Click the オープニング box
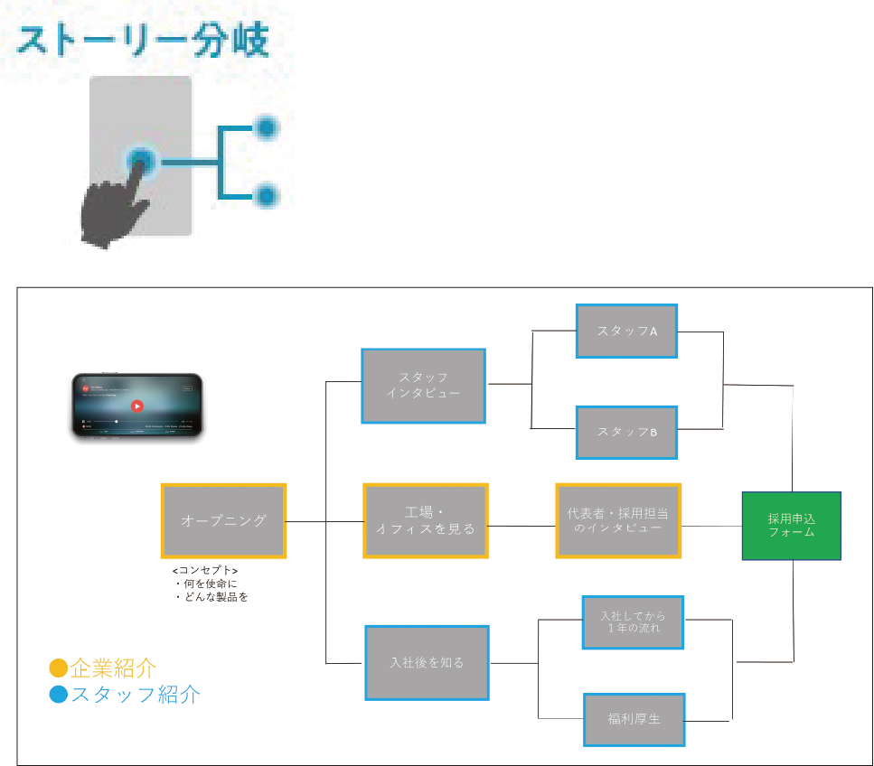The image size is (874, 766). (x=223, y=520)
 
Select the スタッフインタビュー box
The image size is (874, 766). (x=424, y=386)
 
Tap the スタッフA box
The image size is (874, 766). (x=627, y=331)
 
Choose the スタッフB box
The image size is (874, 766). (x=627, y=431)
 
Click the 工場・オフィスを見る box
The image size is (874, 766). (x=426, y=520)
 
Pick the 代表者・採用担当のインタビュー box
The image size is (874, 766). (x=618, y=520)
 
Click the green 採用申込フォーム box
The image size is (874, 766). (x=792, y=526)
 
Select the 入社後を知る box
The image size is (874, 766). (x=427, y=662)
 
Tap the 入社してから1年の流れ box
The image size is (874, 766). (x=634, y=621)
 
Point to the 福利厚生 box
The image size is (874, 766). (x=634, y=719)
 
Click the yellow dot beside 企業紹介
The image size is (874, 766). (x=59, y=668)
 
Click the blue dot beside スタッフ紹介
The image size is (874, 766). (x=59, y=695)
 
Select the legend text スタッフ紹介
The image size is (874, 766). (x=136, y=695)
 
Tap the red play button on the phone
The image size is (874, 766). (x=136, y=406)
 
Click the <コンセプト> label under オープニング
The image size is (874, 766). (x=205, y=571)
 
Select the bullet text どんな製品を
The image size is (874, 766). (x=212, y=597)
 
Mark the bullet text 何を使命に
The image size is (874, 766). (x=206, y=584)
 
